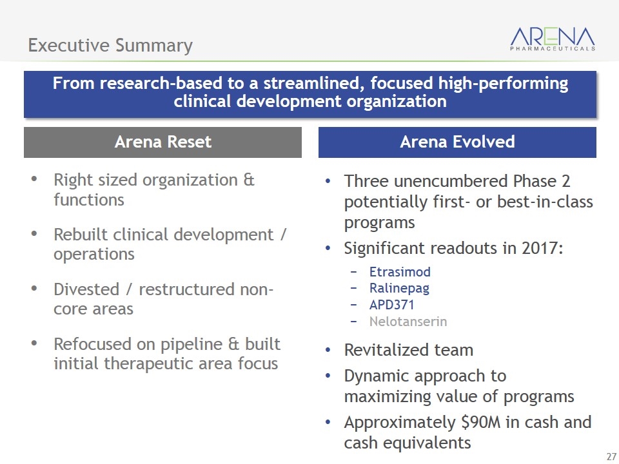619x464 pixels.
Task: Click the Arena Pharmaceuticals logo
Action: point(553,39)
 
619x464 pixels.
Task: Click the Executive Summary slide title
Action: point(110,45)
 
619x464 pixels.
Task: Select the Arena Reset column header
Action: point(162,142)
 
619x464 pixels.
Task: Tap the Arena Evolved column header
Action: point(457,142)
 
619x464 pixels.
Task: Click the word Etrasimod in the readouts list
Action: point(400,272)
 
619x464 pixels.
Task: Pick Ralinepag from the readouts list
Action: point(399,289)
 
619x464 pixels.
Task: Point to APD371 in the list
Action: point(391,305)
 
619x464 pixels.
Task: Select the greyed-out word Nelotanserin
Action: point(408,322)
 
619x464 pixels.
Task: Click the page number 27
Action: point(611,456)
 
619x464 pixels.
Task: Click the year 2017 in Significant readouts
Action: point(542,248)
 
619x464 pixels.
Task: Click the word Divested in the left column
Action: point(86,289)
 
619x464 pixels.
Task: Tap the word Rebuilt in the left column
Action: point(81,235)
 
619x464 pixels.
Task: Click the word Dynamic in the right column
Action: point(377,376)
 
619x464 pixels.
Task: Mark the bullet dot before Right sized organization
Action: point(34,179)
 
